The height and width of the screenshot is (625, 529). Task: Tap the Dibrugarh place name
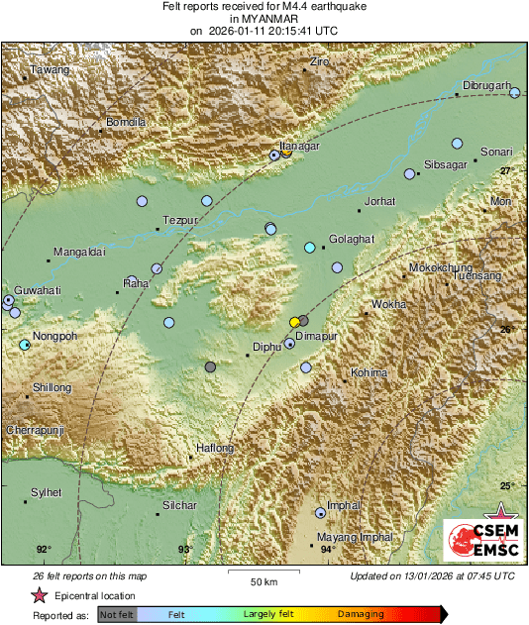point(485,85)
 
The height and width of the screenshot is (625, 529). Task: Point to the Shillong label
point(52,387)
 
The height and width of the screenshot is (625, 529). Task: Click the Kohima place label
point(367,373)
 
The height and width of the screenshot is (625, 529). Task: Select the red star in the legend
point(39,596)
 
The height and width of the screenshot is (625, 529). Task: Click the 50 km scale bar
point(263,575)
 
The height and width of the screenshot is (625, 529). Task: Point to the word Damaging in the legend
point(361,614)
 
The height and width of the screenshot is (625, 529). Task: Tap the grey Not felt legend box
point(117,614)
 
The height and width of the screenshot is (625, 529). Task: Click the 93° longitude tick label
point(185,549)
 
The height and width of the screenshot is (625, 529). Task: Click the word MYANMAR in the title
point(264,18)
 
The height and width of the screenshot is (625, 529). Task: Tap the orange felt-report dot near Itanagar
point(286,153)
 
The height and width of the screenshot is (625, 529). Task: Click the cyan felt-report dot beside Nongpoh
point(25,345)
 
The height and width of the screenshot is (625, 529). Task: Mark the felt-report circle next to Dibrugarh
point(515,92)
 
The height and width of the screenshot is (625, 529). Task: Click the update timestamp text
point(432,575)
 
